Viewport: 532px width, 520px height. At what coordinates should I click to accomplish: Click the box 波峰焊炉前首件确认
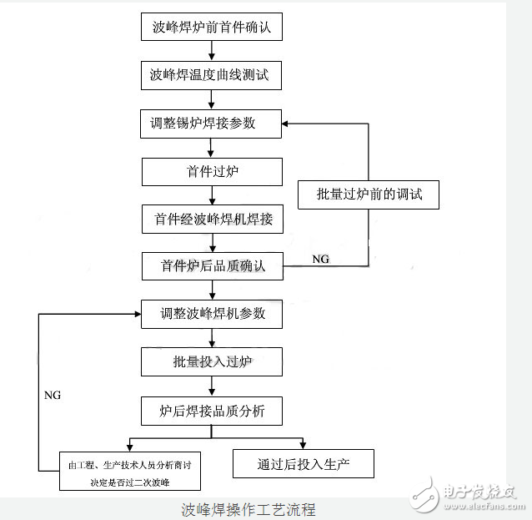(212, 28)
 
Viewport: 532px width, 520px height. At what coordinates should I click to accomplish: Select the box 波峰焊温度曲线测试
(212, 76)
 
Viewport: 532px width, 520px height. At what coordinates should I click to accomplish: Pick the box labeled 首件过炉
(212, 172)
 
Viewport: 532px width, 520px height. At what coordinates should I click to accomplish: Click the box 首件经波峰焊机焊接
(212, 220)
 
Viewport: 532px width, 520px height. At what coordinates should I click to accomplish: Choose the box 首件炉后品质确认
(212, 266)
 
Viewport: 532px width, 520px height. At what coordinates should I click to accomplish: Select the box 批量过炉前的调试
(369, 194)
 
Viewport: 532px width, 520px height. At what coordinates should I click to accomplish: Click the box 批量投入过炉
(212, 362)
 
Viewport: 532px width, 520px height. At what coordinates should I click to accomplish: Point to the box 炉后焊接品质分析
(212, 411)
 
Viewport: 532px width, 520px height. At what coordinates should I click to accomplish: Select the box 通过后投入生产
(304, 464)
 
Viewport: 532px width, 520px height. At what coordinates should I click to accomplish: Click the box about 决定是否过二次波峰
(129, 472)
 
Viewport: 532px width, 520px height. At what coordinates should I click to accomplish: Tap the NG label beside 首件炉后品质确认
(320, 260)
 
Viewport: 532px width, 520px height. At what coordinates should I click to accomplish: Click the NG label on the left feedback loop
(52, 394)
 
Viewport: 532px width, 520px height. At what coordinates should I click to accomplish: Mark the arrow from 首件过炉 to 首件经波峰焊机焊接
(213, 195)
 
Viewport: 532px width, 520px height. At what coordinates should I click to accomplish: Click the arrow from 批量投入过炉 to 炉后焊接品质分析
(213, 386)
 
